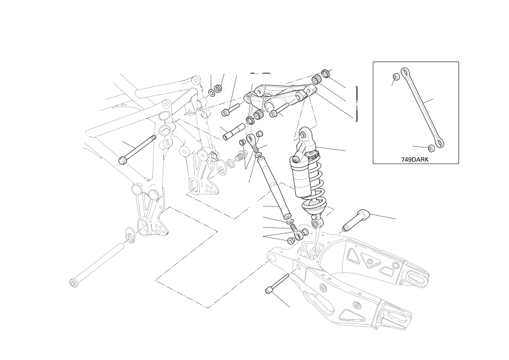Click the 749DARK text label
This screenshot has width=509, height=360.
tap(415, 160)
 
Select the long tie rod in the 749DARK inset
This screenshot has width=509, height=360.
tap(422, 108)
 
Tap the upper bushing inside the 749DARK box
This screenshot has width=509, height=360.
tap(396, 77)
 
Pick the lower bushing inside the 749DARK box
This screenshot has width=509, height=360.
tap(432, 148)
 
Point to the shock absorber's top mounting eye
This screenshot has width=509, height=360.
tap(303, 133)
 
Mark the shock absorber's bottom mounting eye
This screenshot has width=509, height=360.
tap(315, 223)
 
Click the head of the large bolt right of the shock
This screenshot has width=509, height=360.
tap(363, 215)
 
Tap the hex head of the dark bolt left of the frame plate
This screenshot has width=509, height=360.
tap(123, 160)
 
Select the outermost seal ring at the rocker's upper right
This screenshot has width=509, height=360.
tap(325, 73)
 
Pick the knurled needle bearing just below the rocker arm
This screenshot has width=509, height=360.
tap(258, 115)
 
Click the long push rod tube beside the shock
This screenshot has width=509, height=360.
tap(275, 188)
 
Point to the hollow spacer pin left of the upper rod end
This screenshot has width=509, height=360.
tap(233, 131)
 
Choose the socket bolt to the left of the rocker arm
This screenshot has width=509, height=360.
tap(230, 110)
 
